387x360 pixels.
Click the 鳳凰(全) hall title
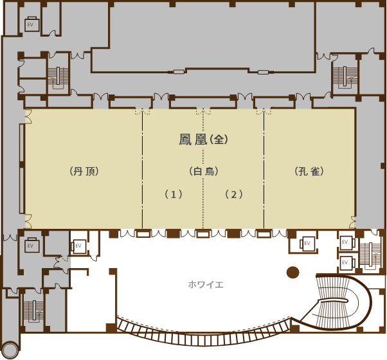[203, 139]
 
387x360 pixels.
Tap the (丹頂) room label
[84, 171]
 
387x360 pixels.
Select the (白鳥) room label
[204, 171]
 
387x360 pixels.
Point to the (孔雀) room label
[309, 171]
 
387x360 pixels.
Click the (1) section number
[174, 194]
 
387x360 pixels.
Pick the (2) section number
[234, 194]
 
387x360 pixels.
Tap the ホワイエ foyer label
[206, 285]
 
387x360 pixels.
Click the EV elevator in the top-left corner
[32, 24]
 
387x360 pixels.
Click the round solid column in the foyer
[293, 273]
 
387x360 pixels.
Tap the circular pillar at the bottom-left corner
[10, 349]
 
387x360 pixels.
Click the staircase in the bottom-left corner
[33, 310]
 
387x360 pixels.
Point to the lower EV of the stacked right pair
[346, 262]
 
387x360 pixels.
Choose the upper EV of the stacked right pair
[346, 242]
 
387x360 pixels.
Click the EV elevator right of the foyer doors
[307, 243]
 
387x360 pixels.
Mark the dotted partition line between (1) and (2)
[203, 170]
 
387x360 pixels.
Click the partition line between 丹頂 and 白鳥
[142, 170]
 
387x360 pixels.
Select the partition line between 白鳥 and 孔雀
[264, 170]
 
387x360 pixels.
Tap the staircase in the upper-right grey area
[345, 76]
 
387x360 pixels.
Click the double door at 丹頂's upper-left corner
[28, 116]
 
